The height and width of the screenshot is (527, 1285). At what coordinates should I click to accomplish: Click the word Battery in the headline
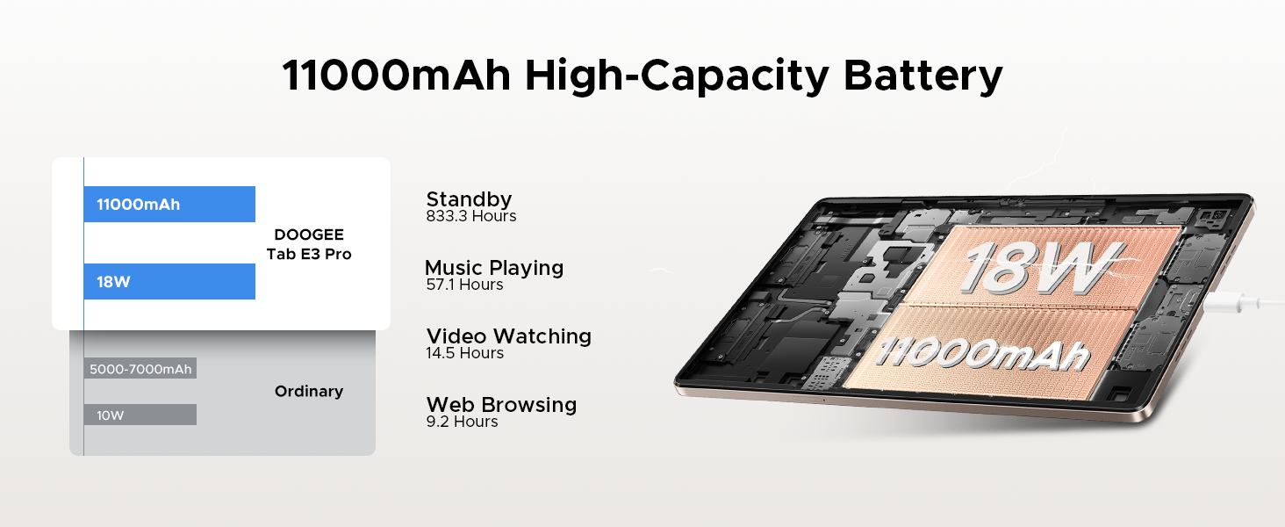coord(922,76)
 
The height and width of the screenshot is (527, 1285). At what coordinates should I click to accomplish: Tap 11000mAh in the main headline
coord(397,76)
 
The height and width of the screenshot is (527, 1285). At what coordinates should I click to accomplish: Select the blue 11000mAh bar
coord(169,204)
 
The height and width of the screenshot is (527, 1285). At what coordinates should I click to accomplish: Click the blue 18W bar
coord(169,281)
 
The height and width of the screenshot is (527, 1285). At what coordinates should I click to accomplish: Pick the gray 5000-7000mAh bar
coord(140,369)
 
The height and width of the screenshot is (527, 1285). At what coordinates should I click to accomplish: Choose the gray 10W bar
coord(140,415)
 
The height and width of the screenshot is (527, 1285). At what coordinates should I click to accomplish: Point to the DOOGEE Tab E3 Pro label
coord(309,244)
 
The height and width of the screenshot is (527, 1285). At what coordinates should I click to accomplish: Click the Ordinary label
coord(309,391)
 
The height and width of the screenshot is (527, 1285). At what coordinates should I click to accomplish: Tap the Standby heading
coord(469,199)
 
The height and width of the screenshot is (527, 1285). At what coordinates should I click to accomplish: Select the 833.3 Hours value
coord(471,216)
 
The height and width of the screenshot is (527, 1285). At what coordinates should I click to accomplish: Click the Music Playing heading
coord(494,268)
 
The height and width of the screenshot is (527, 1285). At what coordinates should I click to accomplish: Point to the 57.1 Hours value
coord(464,285)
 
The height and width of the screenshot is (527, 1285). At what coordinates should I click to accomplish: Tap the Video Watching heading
coord(509,336)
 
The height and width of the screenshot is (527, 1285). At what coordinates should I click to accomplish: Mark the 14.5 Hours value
coord(464,352)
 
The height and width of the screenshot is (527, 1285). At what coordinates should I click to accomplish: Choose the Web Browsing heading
coord(501,404)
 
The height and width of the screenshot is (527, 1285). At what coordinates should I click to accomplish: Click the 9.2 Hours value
coord(462,422)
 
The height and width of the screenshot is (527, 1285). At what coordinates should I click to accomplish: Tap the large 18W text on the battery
coord(1041,268)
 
